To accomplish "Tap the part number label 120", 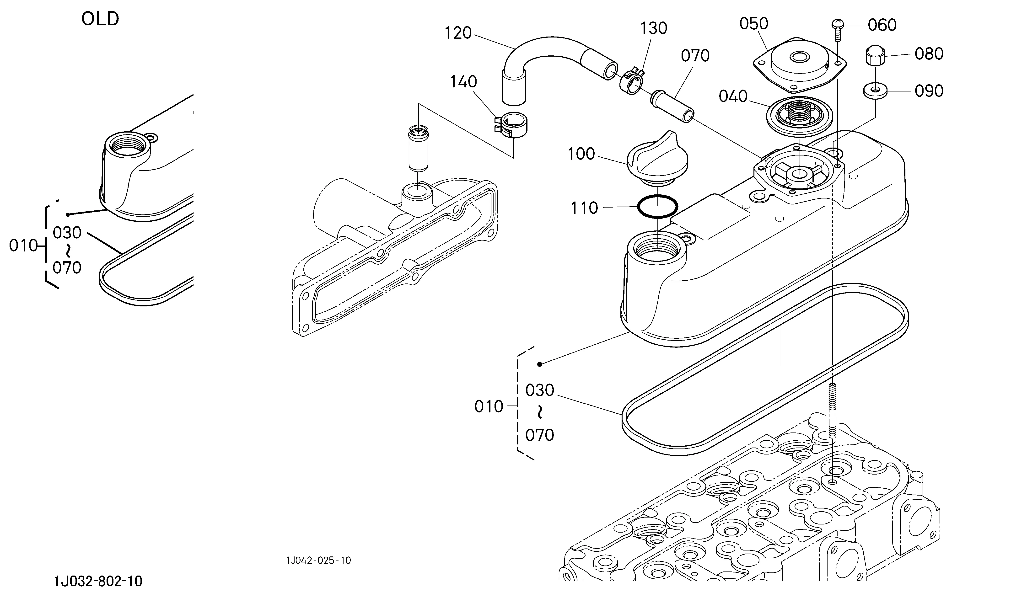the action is [x=458, y=33].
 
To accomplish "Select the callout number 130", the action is [x=654, y=28].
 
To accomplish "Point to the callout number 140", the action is [x=463, y=82].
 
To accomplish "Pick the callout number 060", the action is [x=882, y=25].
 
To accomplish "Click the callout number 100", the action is [x=581, y=154].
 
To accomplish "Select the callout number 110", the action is [x=584, y=208].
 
